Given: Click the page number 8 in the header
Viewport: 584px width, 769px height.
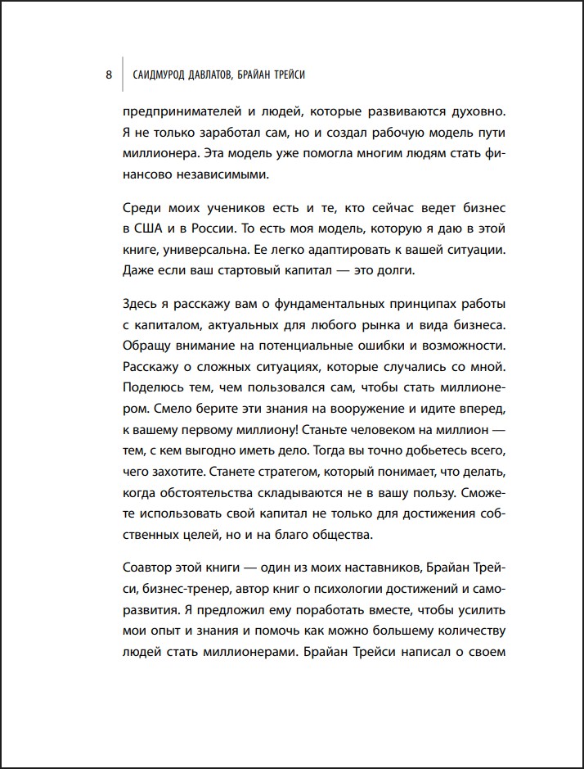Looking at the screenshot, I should [109, 75].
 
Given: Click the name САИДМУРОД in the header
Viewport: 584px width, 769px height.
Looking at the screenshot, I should [162, 75].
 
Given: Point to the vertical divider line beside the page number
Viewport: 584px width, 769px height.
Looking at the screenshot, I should [122, 75].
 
